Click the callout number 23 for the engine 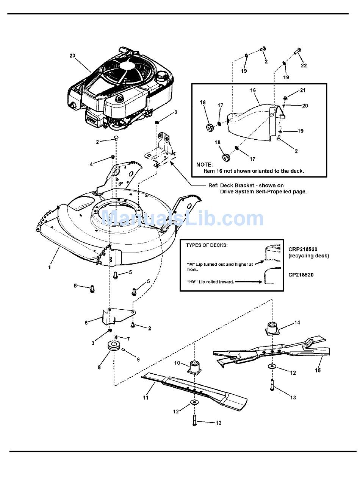click(x=72, y=56)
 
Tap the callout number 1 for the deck click(x=50, y=267)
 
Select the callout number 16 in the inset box click(x=253, y=90)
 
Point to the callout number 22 click(x=304, y=65)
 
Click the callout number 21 click(x=303, y=90)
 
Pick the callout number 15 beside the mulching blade click(x=318, y=370)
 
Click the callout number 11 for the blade click(x=146, y=397)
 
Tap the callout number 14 click(x=297, y=323)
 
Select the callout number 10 click(x=177, y=363)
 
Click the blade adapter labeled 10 click(x=194, y=367)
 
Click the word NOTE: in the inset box click(x=205, y=165)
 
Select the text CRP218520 click(x=303, y=249)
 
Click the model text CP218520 click(x=301, y=275)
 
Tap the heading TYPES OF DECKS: click(x=207, y=245)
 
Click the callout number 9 click(x=138, y=359)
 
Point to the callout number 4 click(x=91, y=164)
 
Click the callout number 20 click(x=305, y=106)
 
